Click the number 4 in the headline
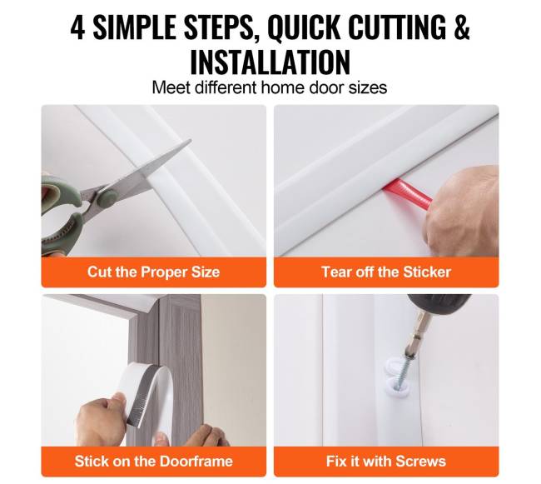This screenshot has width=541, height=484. (77, 27)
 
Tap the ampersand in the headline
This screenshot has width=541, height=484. (462, 27)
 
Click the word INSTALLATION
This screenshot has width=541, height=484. (270, 62)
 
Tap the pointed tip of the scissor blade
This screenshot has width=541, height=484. (190, 141)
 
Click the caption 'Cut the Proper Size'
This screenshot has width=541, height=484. (153, 272)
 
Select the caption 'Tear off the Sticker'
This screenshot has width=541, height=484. (386, 272)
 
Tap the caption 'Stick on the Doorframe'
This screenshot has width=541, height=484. (153, 462)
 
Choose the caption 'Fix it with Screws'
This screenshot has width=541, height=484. (386, 462)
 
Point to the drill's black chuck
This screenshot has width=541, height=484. (438, 303)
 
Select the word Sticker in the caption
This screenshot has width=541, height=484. (427, 272)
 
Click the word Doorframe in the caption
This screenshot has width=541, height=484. (196, 462)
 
